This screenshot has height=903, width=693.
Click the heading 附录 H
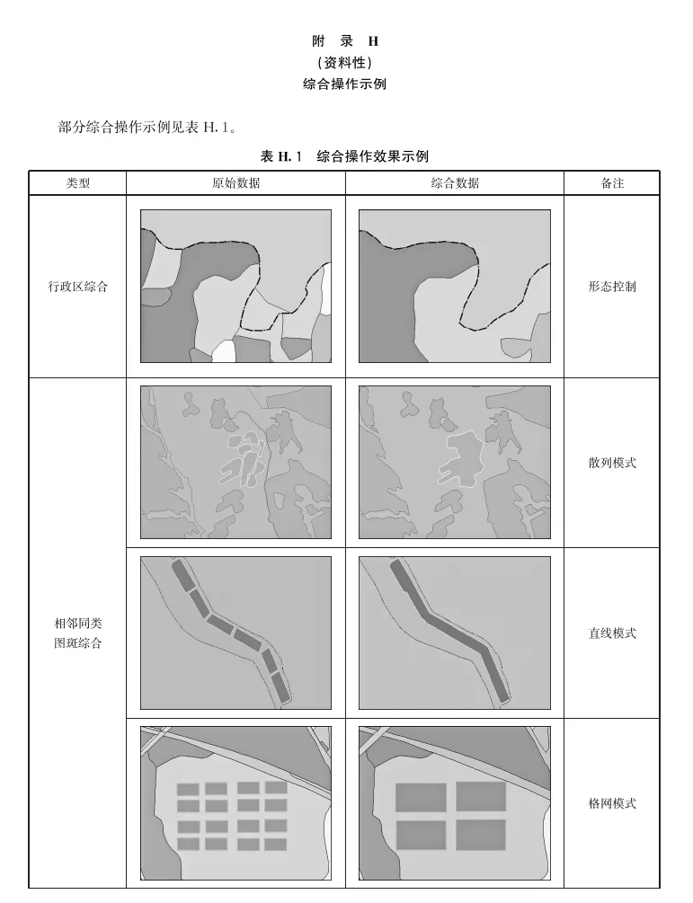[x=345, y=41]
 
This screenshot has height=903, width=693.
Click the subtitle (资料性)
[x=344, y=62]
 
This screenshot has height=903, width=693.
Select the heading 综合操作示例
[x=344, y=84]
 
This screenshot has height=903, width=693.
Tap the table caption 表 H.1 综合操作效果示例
[x=344, y=156]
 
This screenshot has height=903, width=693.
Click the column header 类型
[x=78, y=183]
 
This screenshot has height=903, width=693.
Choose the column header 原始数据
[x=236, y=183]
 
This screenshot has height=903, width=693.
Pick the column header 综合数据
[x=455, y=183]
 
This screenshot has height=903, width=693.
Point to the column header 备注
[x=612, y=183]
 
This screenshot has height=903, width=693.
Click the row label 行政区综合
[x=78, y=287]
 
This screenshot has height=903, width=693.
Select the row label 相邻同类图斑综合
[x=78, y=633]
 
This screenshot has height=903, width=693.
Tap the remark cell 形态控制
[x=612, y=287]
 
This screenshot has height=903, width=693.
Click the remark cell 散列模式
[x=612, y=463]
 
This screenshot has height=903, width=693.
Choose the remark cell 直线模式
[x=612, y=633]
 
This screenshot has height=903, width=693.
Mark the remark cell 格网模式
[x=612, y=803]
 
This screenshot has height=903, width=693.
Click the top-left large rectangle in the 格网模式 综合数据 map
[x=421, y=797]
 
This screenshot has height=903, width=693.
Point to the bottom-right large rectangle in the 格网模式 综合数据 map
[x=481, y=835]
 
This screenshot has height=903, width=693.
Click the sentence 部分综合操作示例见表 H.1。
[x=147, y=128]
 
